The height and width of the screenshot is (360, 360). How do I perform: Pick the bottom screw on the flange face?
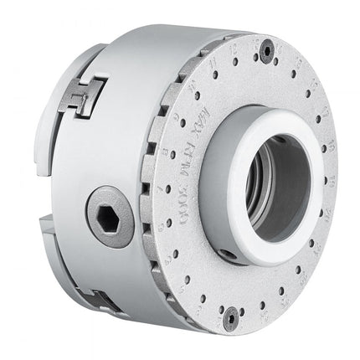[x=230, y=316]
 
